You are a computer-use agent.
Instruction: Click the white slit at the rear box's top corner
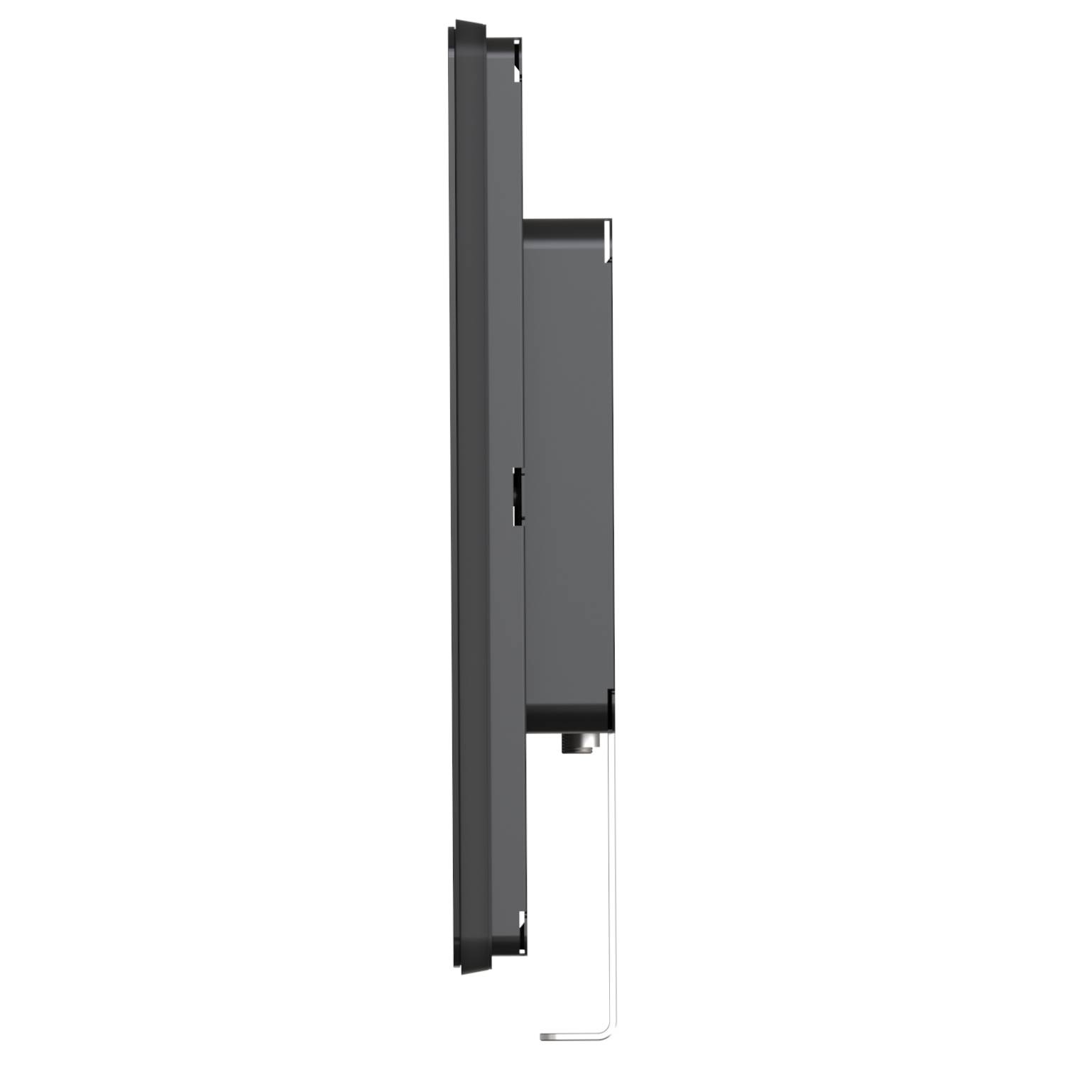click(607, 237)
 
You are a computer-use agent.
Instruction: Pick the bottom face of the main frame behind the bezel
click(501, 948)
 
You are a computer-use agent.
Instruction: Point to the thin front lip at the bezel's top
click(450, 35)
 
